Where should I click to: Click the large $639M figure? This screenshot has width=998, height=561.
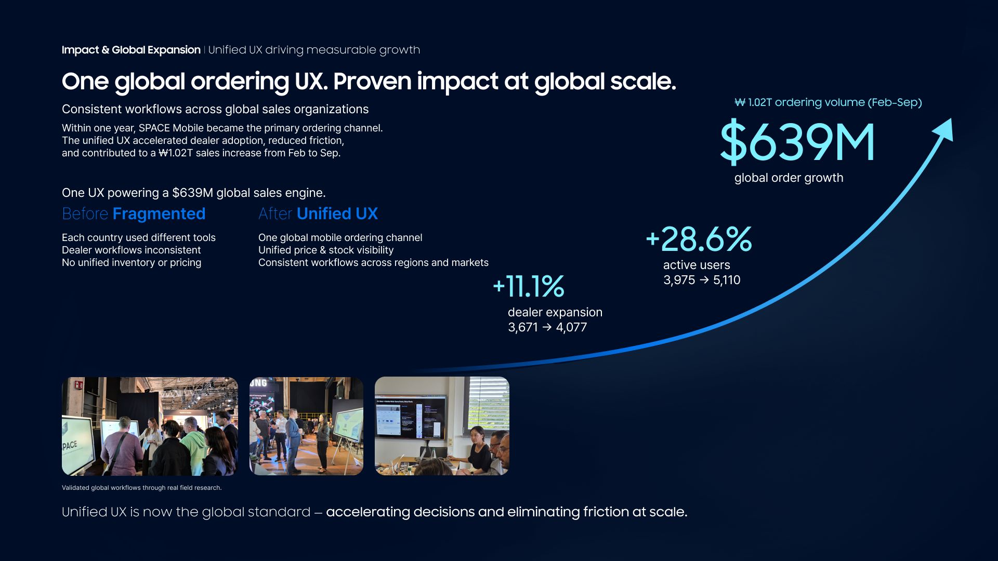[x=797, y=142]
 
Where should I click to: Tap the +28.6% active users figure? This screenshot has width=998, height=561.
[x=699, y=239]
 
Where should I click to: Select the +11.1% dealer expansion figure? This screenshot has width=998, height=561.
[x=529, y=287]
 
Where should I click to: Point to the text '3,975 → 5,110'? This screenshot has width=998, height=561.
[x=702, y=280]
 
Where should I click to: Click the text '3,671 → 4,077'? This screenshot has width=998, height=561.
[x=547, y=327]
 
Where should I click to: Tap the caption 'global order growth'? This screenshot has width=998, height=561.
[x=789, y=178]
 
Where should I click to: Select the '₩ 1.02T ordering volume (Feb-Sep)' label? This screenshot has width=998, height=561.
[x=828, y=102]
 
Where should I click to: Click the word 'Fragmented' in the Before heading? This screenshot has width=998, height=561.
[x=159, y=213]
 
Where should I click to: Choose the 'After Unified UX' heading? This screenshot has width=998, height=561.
[x=318, y=213]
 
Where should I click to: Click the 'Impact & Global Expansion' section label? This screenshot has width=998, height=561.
[x=131, y=50]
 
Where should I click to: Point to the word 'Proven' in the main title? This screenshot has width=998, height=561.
[x=372, y=82]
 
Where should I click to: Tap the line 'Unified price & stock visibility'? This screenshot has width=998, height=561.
[x=326, y=250]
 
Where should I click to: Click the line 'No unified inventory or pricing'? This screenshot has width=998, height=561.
[x=132, y=262]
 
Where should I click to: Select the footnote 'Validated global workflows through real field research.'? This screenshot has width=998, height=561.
[x=142, y=488]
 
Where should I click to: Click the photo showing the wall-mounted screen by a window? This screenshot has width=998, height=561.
[x=442, y=426]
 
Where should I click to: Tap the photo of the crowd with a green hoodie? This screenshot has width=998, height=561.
[x=150, y=426]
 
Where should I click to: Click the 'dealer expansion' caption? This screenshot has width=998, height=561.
[x=555, y=312]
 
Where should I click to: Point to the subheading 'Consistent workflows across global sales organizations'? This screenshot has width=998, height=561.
[x=215, y=109]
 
